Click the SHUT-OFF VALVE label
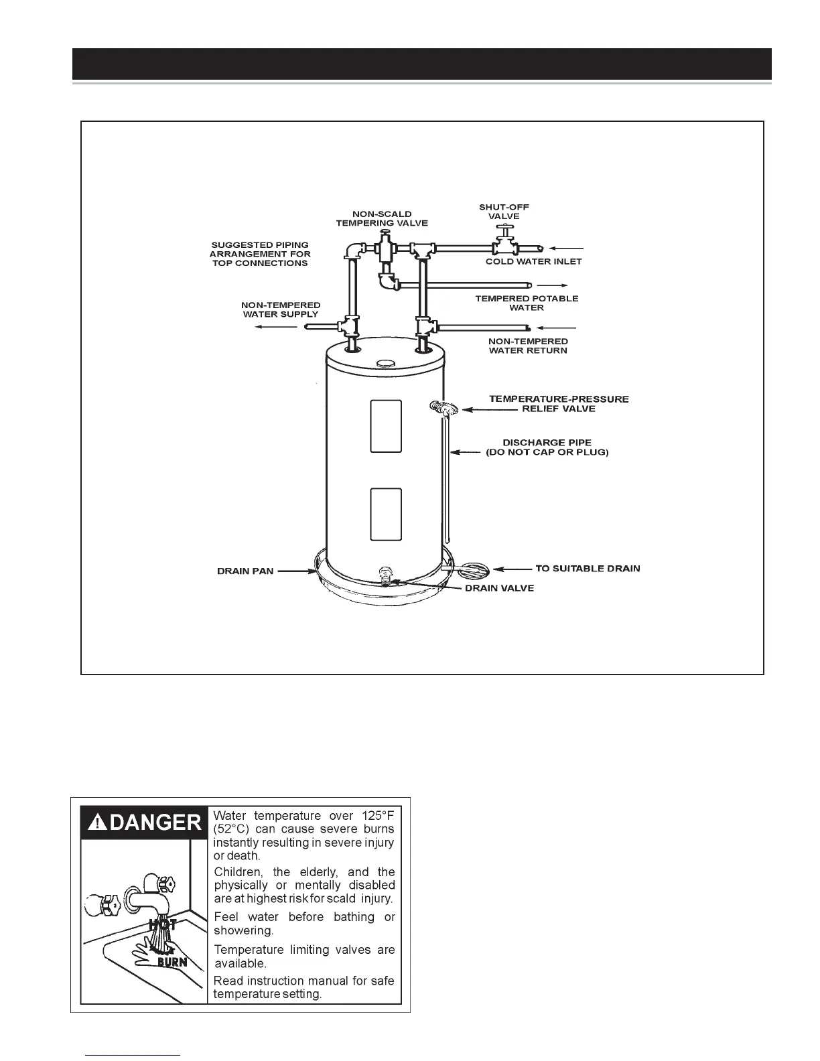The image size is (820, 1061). [504, 212]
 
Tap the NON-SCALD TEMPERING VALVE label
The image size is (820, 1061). [381, 218]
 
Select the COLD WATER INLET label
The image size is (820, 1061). [533, 261]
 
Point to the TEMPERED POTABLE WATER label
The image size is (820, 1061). [527, 303]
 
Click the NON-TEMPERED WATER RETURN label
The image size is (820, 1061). [528, 346]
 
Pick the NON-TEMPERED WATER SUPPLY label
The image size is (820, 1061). [281, 309]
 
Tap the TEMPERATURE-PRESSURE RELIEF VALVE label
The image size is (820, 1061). [559, 403]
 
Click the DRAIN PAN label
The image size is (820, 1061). [245, 571]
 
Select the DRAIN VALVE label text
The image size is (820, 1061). [499, 588]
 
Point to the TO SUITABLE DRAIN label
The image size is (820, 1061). [588, 569]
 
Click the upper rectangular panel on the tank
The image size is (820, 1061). [386, 426]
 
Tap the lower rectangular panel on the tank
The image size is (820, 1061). [386, 514]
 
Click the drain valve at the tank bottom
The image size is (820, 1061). [385, 575]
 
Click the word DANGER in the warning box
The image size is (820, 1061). [155, 822]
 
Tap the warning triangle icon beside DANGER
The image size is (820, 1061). [98, 823]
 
